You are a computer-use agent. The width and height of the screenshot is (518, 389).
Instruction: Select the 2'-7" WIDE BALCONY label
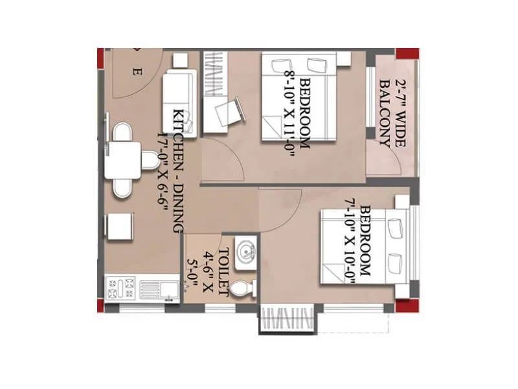(x=390, y=113)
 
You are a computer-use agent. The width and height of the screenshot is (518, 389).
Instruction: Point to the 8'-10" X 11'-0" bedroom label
(x=298, y=110)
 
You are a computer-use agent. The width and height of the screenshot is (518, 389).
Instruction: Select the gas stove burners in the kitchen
(x=121, y=288)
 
